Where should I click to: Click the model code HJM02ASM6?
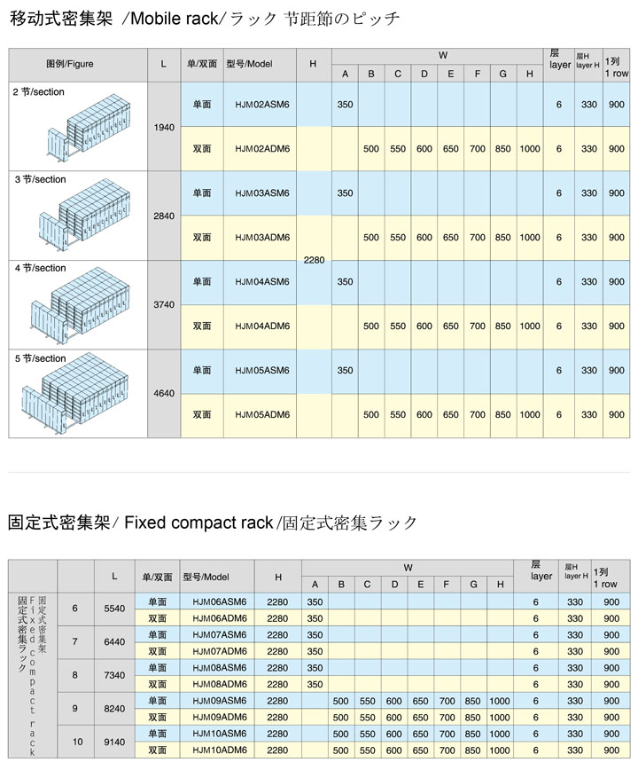(262, 105)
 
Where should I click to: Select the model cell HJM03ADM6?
(262, 238)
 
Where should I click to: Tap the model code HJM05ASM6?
(262, 371)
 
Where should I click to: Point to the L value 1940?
(164, 127)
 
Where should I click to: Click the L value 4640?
(164, 393)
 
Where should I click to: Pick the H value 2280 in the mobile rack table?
(314, 260)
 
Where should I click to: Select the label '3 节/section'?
(40, 179)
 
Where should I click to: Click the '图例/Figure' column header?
(70, 64)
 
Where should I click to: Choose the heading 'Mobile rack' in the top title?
(166, 18)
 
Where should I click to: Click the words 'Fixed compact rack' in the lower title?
(198, 522)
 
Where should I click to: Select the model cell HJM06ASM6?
(219, 602)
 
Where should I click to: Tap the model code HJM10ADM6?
(219, 750)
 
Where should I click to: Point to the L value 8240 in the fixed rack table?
(115, 710)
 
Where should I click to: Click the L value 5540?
(115, 609)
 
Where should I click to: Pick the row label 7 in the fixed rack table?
(75, 642)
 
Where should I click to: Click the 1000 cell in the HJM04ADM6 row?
(529, 326)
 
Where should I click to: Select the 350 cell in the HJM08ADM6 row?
(315, 685)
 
